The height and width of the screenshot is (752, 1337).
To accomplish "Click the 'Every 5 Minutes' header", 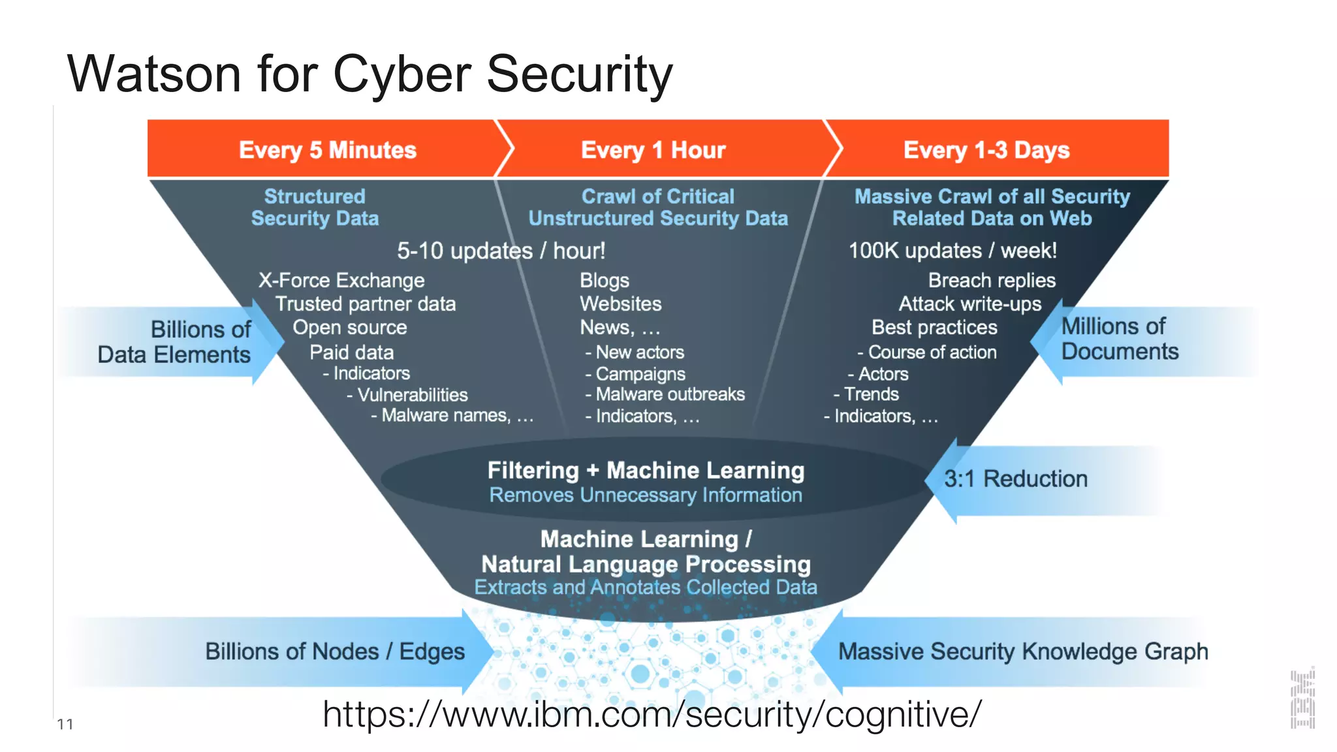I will point(327,150).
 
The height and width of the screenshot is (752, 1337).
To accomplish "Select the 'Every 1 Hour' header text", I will point(653,150).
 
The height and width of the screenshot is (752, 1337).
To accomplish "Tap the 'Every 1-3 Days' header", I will point(986,150).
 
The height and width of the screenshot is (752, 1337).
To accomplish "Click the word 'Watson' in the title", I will point(154,74).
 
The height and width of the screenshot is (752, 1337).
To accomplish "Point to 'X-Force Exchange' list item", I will point(341,281).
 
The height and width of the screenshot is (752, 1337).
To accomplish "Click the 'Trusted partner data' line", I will point(365,304).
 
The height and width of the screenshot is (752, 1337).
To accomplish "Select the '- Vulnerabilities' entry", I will point(407,395).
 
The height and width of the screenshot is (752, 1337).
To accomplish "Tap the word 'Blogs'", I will point(605,281).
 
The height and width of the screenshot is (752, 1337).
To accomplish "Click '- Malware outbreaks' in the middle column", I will point(665,394).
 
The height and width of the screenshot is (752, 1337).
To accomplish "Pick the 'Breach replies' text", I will point(991,281).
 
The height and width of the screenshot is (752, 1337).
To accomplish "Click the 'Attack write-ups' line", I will point(969,304).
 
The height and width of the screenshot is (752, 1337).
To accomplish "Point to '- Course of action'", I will point(927,352).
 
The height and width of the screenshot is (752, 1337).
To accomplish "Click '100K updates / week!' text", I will point(952,251).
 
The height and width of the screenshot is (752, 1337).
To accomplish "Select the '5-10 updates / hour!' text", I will point(501,251).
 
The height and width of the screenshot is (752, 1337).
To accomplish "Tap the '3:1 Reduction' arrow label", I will point(1015,479).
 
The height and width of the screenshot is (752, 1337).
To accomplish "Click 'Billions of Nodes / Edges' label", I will point(334,651).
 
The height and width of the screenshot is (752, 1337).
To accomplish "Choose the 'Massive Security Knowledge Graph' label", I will point(1022,651).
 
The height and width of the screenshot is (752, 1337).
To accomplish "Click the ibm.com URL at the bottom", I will point(652,714).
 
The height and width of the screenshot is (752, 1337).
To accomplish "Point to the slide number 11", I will point(65,724).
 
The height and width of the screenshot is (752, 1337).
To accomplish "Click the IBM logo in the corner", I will point(1302,699).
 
